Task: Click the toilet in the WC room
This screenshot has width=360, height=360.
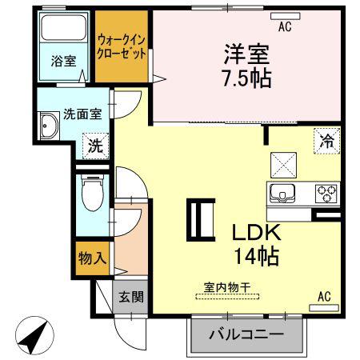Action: pos(93,194)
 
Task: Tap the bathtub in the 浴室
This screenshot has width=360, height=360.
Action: pos(63,28)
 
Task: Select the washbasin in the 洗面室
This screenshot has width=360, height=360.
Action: pos(49,126)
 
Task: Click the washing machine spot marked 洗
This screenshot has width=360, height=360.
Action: pos(96,146)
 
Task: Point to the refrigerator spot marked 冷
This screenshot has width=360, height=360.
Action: pos(326,141)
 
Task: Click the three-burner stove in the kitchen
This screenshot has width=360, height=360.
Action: pos(326,193)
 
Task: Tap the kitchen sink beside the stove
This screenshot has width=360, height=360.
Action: pos(282,194)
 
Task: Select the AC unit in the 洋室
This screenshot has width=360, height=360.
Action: pos(286,16)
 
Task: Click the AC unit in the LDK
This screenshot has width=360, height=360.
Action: pos(324,308)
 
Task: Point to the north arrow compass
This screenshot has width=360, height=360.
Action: pos(34,335)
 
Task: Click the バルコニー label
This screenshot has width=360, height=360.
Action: pos(246,334)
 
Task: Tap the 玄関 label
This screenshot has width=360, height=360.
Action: pos(131,297)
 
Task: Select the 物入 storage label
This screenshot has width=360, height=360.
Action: pos(93,258)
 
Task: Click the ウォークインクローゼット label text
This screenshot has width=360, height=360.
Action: pos(122,47)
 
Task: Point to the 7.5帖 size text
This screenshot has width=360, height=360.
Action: pos(247,78)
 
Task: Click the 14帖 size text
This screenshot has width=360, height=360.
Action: pos(256,256)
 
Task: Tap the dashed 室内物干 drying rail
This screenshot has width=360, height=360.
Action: pos(227,296)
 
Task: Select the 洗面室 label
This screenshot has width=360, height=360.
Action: pos(82,114)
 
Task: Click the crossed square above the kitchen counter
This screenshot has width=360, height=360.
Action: pos(283,165)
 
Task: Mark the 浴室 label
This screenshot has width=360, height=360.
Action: pos(64,61)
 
